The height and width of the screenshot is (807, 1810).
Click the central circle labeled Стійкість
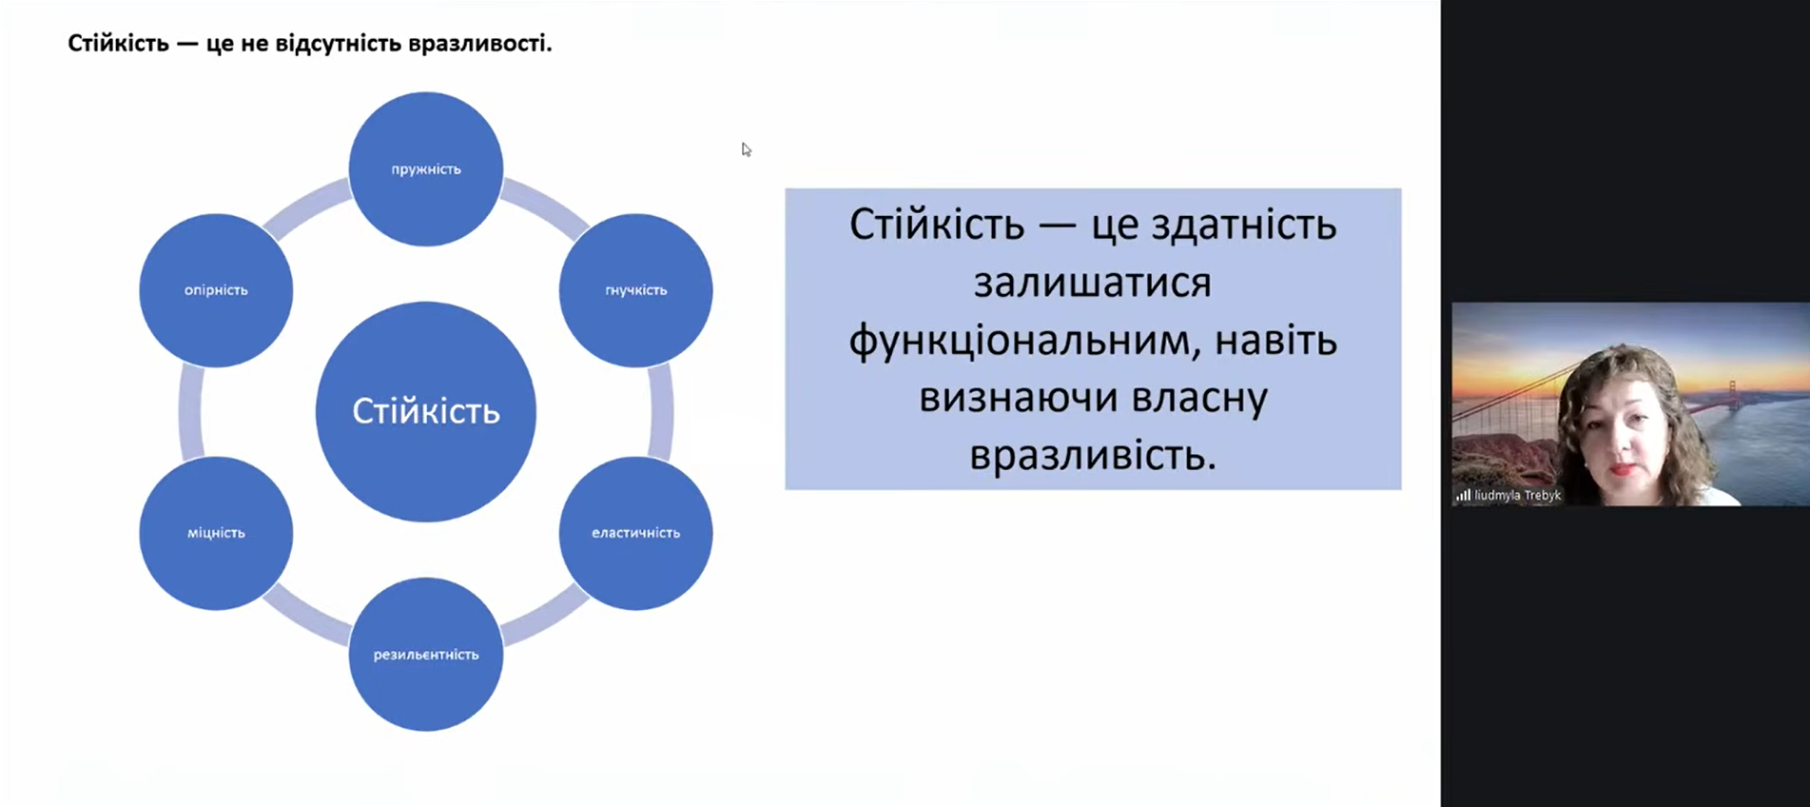426,411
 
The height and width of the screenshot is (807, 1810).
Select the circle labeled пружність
426,168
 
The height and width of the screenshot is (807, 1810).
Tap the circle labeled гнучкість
635,290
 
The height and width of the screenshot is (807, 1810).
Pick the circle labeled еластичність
635,533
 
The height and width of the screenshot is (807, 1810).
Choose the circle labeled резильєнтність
426,654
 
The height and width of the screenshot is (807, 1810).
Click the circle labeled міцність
216,533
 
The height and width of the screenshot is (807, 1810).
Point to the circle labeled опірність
216,290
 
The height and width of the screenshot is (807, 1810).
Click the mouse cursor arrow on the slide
747,149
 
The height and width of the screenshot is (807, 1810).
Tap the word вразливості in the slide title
479,44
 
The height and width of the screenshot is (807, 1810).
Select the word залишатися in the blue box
1092,283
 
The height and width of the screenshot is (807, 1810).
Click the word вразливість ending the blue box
1093,456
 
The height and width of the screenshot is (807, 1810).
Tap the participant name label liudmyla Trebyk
1517,495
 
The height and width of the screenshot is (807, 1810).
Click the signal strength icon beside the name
1463,495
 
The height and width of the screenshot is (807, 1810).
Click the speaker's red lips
1624,468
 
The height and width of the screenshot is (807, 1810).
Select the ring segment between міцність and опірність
190,412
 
